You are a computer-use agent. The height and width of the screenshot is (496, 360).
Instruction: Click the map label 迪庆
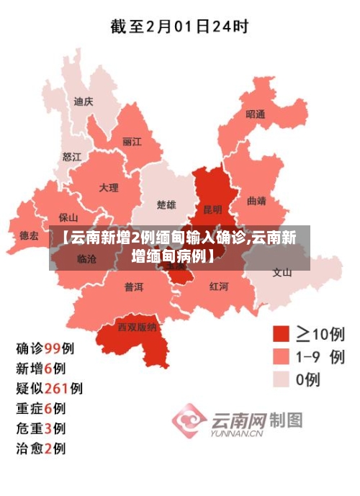point(84,102)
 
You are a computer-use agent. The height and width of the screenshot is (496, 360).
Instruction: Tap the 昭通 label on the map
point(256,114)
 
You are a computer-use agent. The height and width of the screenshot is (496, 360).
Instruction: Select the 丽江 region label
point(132,141)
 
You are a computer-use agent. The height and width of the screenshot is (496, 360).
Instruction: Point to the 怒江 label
point(72,155)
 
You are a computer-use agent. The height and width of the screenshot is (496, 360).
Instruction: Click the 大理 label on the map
point(109,187)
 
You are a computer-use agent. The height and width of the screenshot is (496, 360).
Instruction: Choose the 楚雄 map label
point(166,205)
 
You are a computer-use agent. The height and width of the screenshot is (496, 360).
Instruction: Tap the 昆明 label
point(213,209)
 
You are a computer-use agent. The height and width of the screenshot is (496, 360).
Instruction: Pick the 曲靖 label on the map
point(256,201)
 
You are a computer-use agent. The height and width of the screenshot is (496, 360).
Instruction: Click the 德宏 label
point(29,235)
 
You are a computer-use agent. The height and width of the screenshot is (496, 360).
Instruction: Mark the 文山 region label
point(282,272)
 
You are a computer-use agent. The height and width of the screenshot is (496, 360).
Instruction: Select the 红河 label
point(219,286)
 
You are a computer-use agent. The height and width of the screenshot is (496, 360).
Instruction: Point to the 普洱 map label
point(133,287)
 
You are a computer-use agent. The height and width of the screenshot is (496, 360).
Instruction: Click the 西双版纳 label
point(137,327)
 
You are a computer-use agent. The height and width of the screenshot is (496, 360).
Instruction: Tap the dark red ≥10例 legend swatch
point(281,333)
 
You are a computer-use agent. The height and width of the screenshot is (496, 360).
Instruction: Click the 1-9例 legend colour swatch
point(281,357)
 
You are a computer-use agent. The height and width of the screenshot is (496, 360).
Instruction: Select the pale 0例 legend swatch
point(281,379)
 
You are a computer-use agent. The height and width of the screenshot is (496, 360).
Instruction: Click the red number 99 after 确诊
point(53,348)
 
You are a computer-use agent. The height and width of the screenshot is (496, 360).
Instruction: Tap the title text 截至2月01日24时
point(179,27)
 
